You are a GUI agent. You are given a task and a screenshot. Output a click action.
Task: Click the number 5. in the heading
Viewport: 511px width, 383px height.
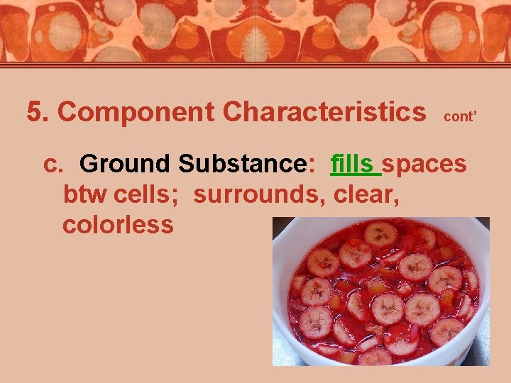click(x=39, y=112)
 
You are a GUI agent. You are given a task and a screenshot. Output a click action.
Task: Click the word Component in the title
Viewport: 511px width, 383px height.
click(x=136, y=112)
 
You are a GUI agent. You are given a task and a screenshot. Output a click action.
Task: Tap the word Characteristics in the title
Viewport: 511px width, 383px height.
click(x=324, y=112)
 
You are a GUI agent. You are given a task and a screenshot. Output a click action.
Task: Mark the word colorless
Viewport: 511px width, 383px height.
click(x=118, y=225)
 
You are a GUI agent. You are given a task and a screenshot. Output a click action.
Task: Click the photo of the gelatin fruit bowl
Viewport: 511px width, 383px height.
click(x=380, y=291)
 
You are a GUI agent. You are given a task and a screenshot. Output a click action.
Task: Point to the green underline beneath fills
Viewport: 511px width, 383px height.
click(x=356, y=175)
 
